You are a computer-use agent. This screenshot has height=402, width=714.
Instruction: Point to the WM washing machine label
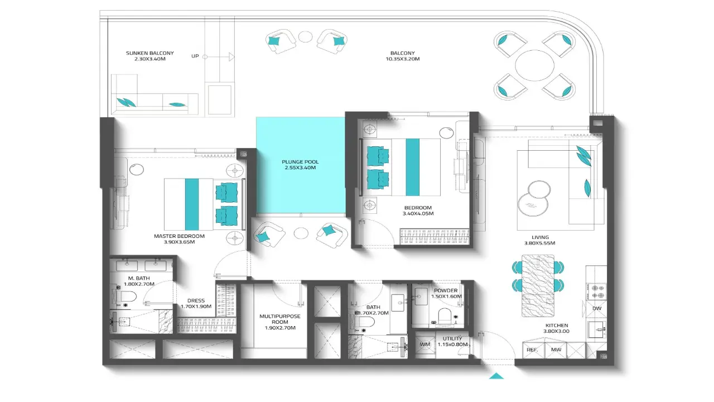click(425, 344)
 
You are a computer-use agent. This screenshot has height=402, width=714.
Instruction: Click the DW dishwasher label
click(597, 309)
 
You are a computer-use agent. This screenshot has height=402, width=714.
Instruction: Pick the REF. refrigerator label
click(532, 350)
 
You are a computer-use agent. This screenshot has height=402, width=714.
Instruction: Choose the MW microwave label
click(556, 350)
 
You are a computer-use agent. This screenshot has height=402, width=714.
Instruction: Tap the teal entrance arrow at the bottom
click(496, 376)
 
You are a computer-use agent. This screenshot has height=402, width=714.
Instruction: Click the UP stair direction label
click(195, 56)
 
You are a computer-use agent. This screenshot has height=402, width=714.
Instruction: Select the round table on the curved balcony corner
click(534, 65)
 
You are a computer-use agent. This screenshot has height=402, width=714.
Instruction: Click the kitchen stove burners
click(596, 291)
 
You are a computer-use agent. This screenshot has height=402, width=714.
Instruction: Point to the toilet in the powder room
click(445, 315)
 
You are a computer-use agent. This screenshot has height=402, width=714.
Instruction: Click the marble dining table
click(538, 285)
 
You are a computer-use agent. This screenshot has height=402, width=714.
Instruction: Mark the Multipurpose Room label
click(279, 322)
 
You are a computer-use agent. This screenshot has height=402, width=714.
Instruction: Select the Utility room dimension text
click(452, 344)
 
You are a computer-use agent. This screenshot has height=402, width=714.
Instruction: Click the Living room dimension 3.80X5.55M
click(539, 243)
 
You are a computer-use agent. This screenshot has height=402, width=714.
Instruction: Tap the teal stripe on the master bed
click(192, 204)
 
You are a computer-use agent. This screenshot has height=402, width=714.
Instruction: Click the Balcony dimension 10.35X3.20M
click(403, 59)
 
